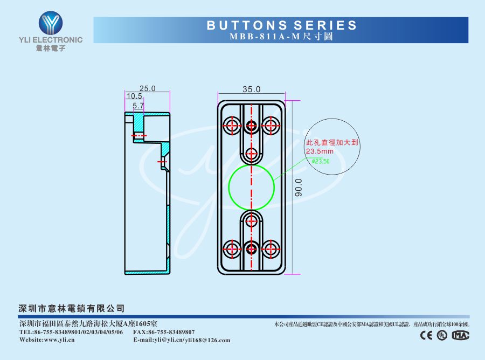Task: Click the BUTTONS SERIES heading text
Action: pos(282,25)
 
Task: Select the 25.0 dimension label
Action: pos(147,88)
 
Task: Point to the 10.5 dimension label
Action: pos(134,96)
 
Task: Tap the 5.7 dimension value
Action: pos(138,106)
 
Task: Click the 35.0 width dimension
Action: pos(251,89)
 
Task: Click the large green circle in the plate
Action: pos(252,187)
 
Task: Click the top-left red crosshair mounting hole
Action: pos(233,126)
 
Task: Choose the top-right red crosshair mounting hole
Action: pos(270,126)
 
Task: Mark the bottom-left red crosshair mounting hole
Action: pos(233,248)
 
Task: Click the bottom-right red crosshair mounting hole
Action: pos(270,248)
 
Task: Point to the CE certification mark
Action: pos(426,335)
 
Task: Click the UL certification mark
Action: pos(442,335)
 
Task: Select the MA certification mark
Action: pos(460,335)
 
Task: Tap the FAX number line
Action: pos(164,332)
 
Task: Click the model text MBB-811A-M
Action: pos(266,37)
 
